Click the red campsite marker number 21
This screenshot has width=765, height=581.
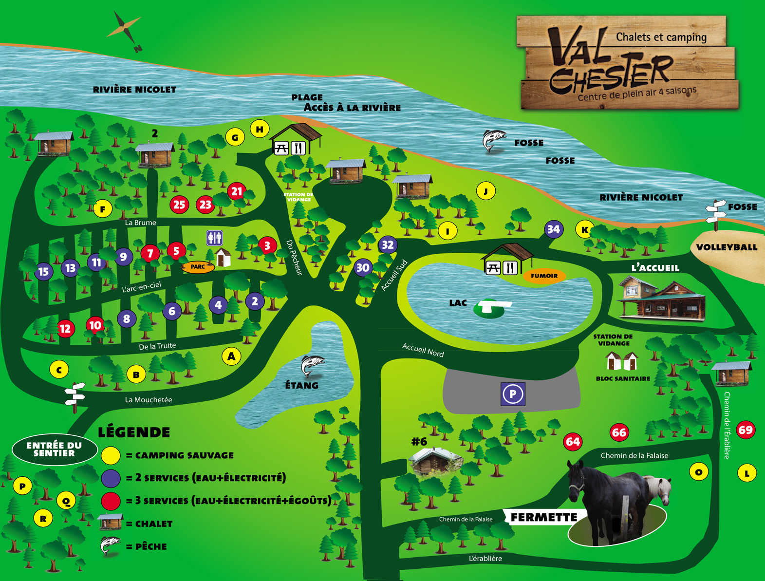pos(237,191)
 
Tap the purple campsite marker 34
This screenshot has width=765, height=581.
pos(553,229)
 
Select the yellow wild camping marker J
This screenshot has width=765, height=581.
pos(485,191)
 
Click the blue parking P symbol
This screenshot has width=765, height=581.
pos(513,394)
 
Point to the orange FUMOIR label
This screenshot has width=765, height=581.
pos(544,276)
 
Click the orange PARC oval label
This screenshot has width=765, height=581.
pos(198,266)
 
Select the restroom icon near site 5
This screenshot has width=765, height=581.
pos(214,238)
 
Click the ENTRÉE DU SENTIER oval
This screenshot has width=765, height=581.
pos(54,449)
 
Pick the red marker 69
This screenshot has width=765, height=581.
pos(746,430)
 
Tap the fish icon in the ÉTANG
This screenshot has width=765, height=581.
pos(312,366)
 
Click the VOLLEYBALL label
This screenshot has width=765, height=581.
pos(727,247)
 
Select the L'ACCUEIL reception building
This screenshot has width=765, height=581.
pos(661,298)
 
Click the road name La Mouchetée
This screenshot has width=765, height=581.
pos(149,400)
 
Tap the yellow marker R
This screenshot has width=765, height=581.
pos(43,519)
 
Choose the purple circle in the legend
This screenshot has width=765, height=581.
pos(111,478)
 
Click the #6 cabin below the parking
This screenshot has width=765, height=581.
pos(435,461)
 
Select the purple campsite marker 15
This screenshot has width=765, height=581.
pos(43,271)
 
